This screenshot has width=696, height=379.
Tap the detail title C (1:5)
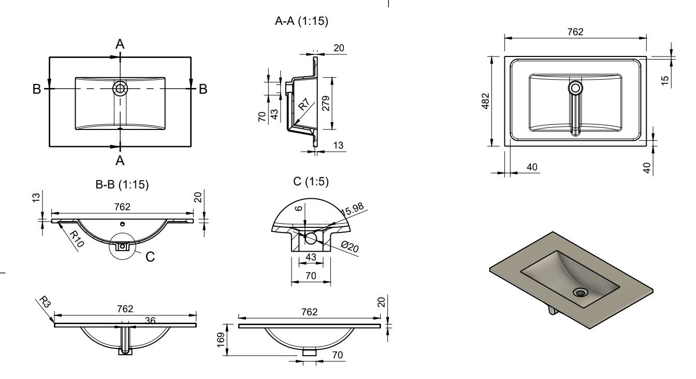click(311, 182)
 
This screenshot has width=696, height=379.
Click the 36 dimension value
click(150, 321)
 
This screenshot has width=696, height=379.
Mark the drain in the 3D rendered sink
click(580, 293)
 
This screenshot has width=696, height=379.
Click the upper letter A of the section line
click(120, 45)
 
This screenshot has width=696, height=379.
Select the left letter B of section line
click(36, 89)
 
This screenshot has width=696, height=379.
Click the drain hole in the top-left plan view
click(120, 89)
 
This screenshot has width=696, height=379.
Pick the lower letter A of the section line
click(120, 161)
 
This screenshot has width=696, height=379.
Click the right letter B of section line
click(204, 89)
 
